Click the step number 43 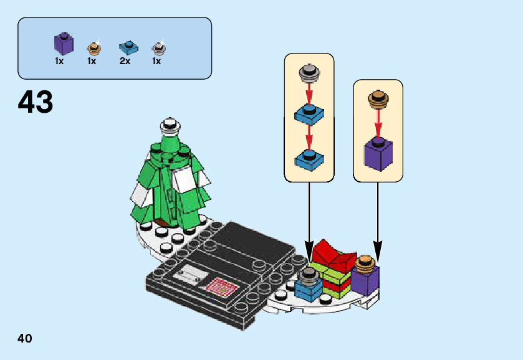coord(36,103)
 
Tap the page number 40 coord(25,339)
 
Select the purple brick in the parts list coord(62,45)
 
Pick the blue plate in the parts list coord(127,48)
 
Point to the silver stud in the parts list coord(158,48)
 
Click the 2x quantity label coord(125,62)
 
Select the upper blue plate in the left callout coord(308,115)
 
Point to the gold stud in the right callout coord(377,97)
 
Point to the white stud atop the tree coord(168,126)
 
